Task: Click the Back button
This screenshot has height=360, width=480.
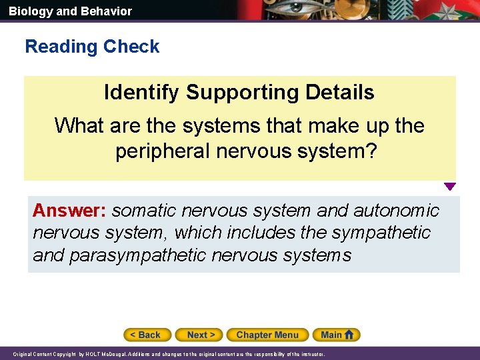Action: [147, 335]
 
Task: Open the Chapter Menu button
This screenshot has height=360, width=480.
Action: [267, 335]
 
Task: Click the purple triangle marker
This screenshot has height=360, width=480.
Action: [450, 187]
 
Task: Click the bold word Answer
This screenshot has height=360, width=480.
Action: [70, 211]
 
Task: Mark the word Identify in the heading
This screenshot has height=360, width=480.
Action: [142, 92]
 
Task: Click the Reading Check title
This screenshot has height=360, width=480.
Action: [92, 47]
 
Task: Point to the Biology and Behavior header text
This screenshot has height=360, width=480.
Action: [70, 11]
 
